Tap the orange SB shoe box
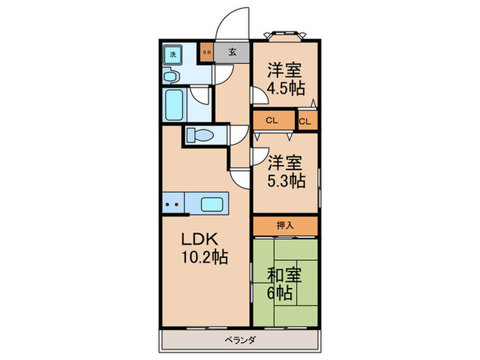tap(206, 51)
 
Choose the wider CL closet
tap(272, 121)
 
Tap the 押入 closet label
tap(285, 224)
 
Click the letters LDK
tap(199, 239)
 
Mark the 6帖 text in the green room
tap(281, 293)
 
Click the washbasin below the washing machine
tap(173, 77)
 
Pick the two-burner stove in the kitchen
tap(173, 204)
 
